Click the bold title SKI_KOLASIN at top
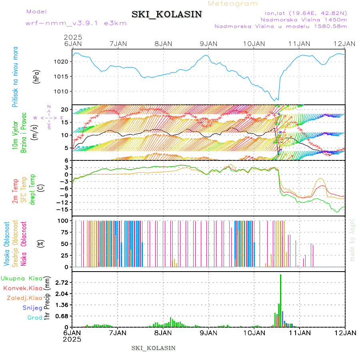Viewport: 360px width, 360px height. (x=172, y=14)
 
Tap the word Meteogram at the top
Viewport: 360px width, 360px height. (x=233, y=4)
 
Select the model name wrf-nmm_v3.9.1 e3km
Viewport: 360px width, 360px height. (x=76, y=23)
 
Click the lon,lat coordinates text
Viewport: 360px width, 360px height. (x=304, y=13)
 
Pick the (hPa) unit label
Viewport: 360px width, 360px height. (x=37, y=76)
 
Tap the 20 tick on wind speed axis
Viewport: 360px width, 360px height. (x=67, y=109)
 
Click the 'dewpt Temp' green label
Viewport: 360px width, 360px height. (x=32, y=189)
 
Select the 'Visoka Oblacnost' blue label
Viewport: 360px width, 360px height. (x=7, y=244)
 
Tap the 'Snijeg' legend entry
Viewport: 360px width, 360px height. (x=33, y=308)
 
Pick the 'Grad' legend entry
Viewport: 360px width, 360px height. (x=34, y=318)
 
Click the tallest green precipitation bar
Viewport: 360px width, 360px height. (x=281, y=300)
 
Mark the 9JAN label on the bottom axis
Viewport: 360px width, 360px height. (x=208, y=333)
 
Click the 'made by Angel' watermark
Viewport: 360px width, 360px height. (x=352, y=240)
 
